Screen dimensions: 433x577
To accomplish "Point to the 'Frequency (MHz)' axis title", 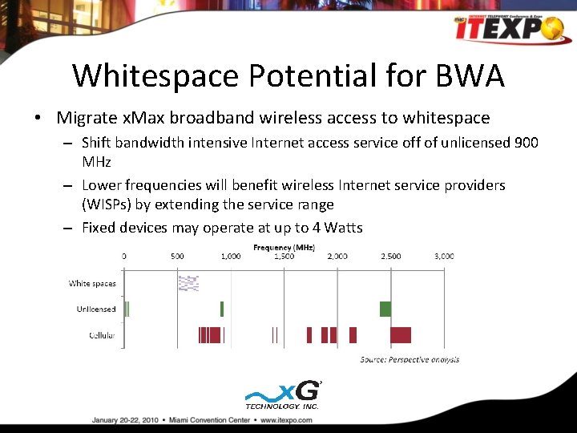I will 284,248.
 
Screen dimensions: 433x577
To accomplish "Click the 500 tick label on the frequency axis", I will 177,257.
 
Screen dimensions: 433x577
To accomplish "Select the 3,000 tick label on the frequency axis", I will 444,257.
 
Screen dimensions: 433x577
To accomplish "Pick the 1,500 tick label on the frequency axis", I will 284,257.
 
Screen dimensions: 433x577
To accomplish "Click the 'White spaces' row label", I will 92,283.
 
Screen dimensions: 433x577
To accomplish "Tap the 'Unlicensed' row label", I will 96,309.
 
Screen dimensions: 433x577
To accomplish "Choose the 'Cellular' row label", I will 102,334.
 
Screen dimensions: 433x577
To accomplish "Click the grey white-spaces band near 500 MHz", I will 188,282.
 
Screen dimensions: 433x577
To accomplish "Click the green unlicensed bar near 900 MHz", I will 222,309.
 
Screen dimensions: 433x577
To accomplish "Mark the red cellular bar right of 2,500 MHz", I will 401,334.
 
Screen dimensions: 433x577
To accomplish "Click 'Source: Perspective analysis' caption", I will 410,359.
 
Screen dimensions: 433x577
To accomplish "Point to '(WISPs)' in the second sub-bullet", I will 109,204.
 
